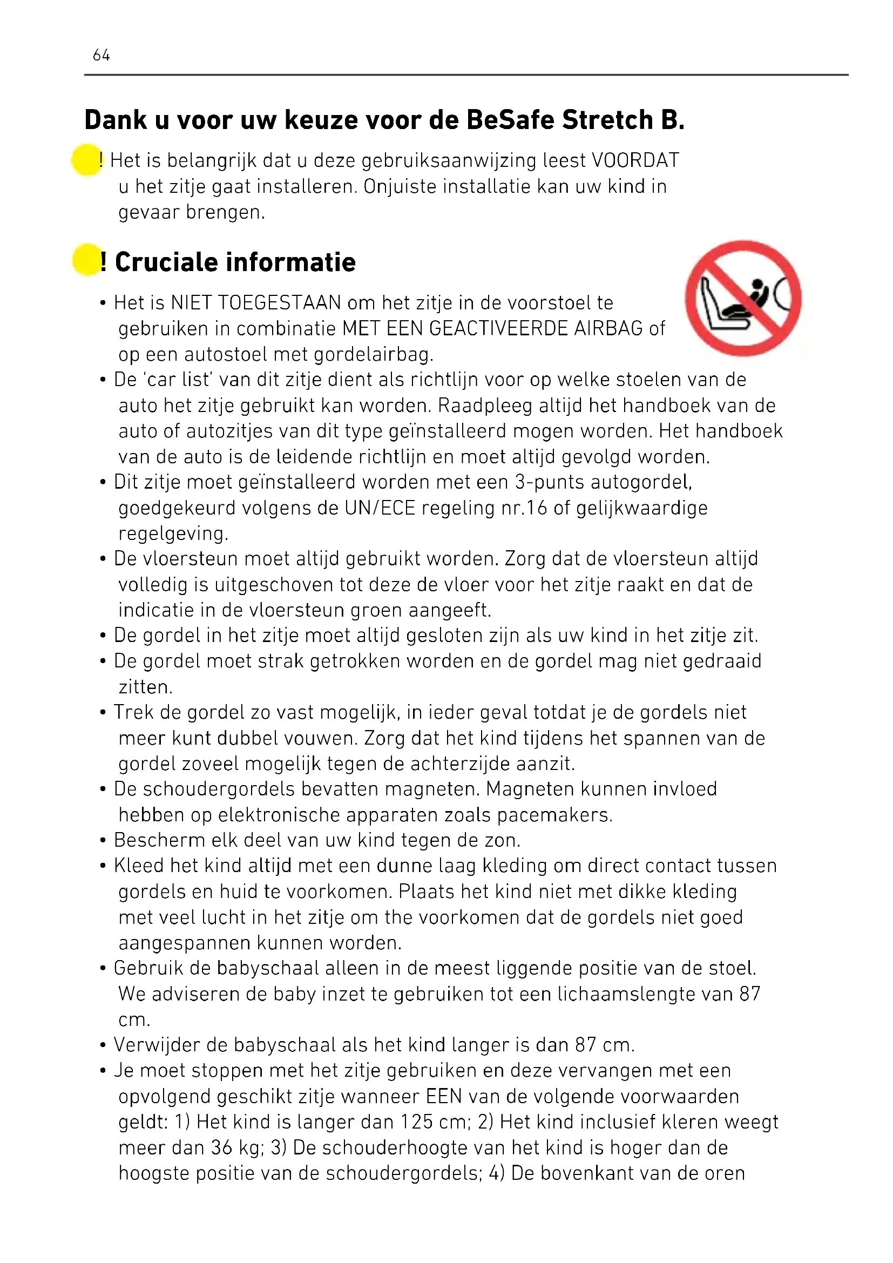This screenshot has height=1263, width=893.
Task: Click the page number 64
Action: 101,55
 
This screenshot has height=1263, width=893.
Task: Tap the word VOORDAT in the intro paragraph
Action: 635,160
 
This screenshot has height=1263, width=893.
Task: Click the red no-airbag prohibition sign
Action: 743,298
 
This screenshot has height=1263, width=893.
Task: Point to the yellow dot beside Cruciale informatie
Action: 86,260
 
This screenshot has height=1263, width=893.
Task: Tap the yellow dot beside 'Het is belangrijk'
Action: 86,160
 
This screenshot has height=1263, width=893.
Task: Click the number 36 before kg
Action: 221,1148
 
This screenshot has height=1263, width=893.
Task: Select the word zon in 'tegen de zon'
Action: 502,841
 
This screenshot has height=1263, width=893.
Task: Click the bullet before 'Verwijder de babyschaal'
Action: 103,1045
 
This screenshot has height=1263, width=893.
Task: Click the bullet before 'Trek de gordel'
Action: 103,713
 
